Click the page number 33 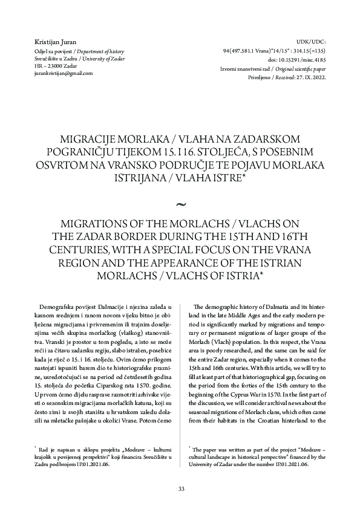coord(180,488)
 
